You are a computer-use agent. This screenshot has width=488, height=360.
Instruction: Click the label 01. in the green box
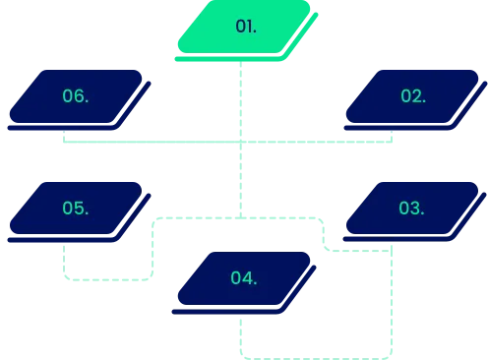pyautogui.click(x=246, y=27)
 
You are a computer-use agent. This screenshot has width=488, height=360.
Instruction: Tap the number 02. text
pyautogui.click(x=412, y=96)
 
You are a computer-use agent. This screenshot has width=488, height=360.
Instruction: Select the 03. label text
pyautogui.click(x=411, y=208)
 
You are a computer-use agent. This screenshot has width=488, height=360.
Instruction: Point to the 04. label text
pyautogui.click(x=244, y=278)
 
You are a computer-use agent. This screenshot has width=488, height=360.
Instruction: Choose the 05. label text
pyautogui.click(x=76, y=208)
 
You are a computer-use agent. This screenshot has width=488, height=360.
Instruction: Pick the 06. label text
pyautogui.click(x=76, y=96)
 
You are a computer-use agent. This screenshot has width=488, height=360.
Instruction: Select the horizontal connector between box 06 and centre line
pyautogui.click(x=148, y=142)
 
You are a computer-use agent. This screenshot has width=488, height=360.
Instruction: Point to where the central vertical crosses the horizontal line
pyautogui.click(x=239, y=142)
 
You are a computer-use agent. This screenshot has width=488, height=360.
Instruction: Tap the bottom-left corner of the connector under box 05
pyautogui.click(x=66, y=280)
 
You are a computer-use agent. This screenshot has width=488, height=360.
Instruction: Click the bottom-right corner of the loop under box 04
pyautogui.click(x=392, y=354)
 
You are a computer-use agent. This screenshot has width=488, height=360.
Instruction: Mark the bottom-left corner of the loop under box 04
pyautogui.click(x=239, y=354)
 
